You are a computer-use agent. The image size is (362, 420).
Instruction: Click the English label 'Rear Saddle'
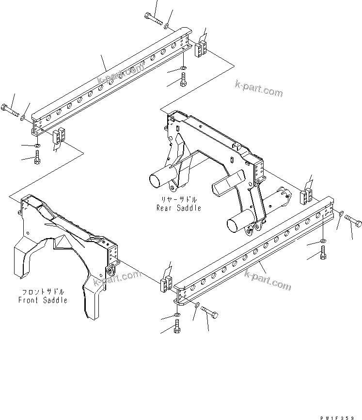coord(178,208)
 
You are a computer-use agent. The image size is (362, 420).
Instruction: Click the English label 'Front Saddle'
coord(43,300)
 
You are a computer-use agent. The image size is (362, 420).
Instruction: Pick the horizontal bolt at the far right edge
coord(353,222)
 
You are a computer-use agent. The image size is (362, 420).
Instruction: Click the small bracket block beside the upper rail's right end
coord(201,49)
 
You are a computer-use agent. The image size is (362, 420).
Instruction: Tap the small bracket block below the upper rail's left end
coord(58,136)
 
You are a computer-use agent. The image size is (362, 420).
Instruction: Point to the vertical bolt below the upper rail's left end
coord(38,158)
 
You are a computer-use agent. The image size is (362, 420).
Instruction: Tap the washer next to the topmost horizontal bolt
coord(167,25)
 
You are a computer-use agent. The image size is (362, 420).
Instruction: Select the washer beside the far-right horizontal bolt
coord(341,213)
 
